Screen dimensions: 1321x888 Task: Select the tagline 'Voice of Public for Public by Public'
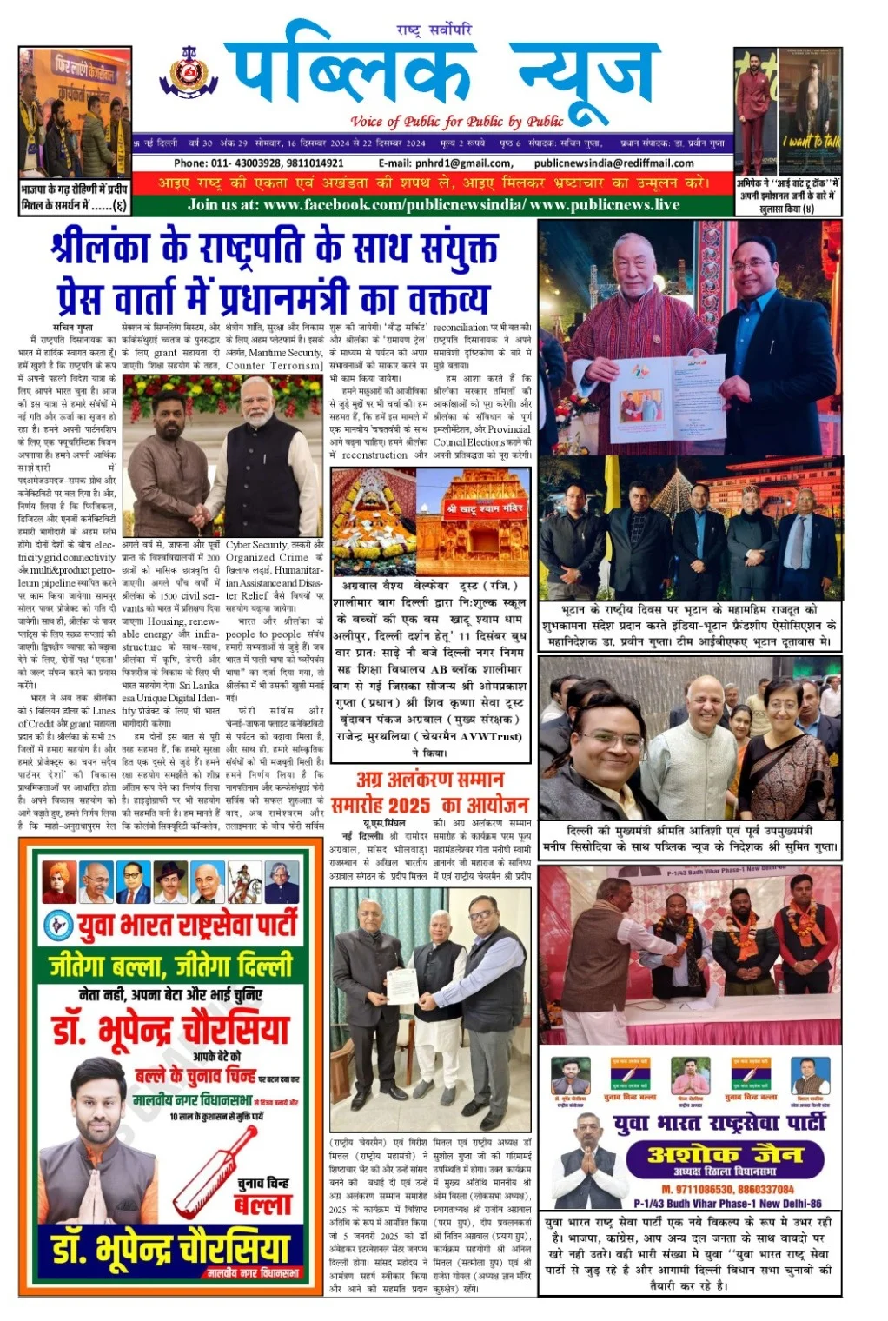(457, 122)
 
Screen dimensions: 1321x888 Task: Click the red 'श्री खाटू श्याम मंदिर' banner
(485, 508)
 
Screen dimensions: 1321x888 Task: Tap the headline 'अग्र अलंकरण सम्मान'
(429, 780)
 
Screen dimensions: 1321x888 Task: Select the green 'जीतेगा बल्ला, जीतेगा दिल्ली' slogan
(170, 966)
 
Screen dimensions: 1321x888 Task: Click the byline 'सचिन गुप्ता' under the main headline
(73, 328)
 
